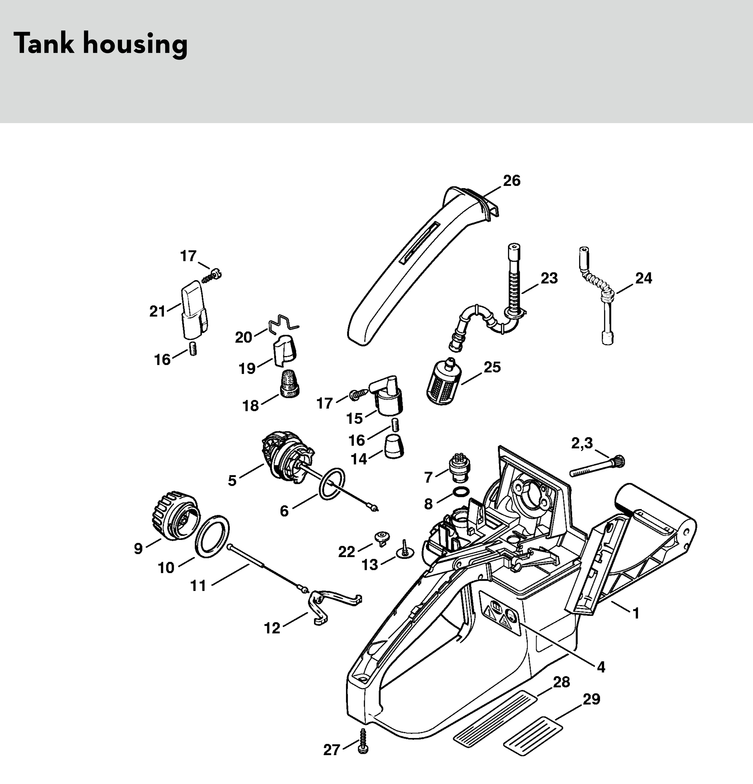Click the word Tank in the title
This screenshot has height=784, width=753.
[44, 43]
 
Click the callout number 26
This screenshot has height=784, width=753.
[512, 181]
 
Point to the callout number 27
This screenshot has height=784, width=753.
[332, 750]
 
